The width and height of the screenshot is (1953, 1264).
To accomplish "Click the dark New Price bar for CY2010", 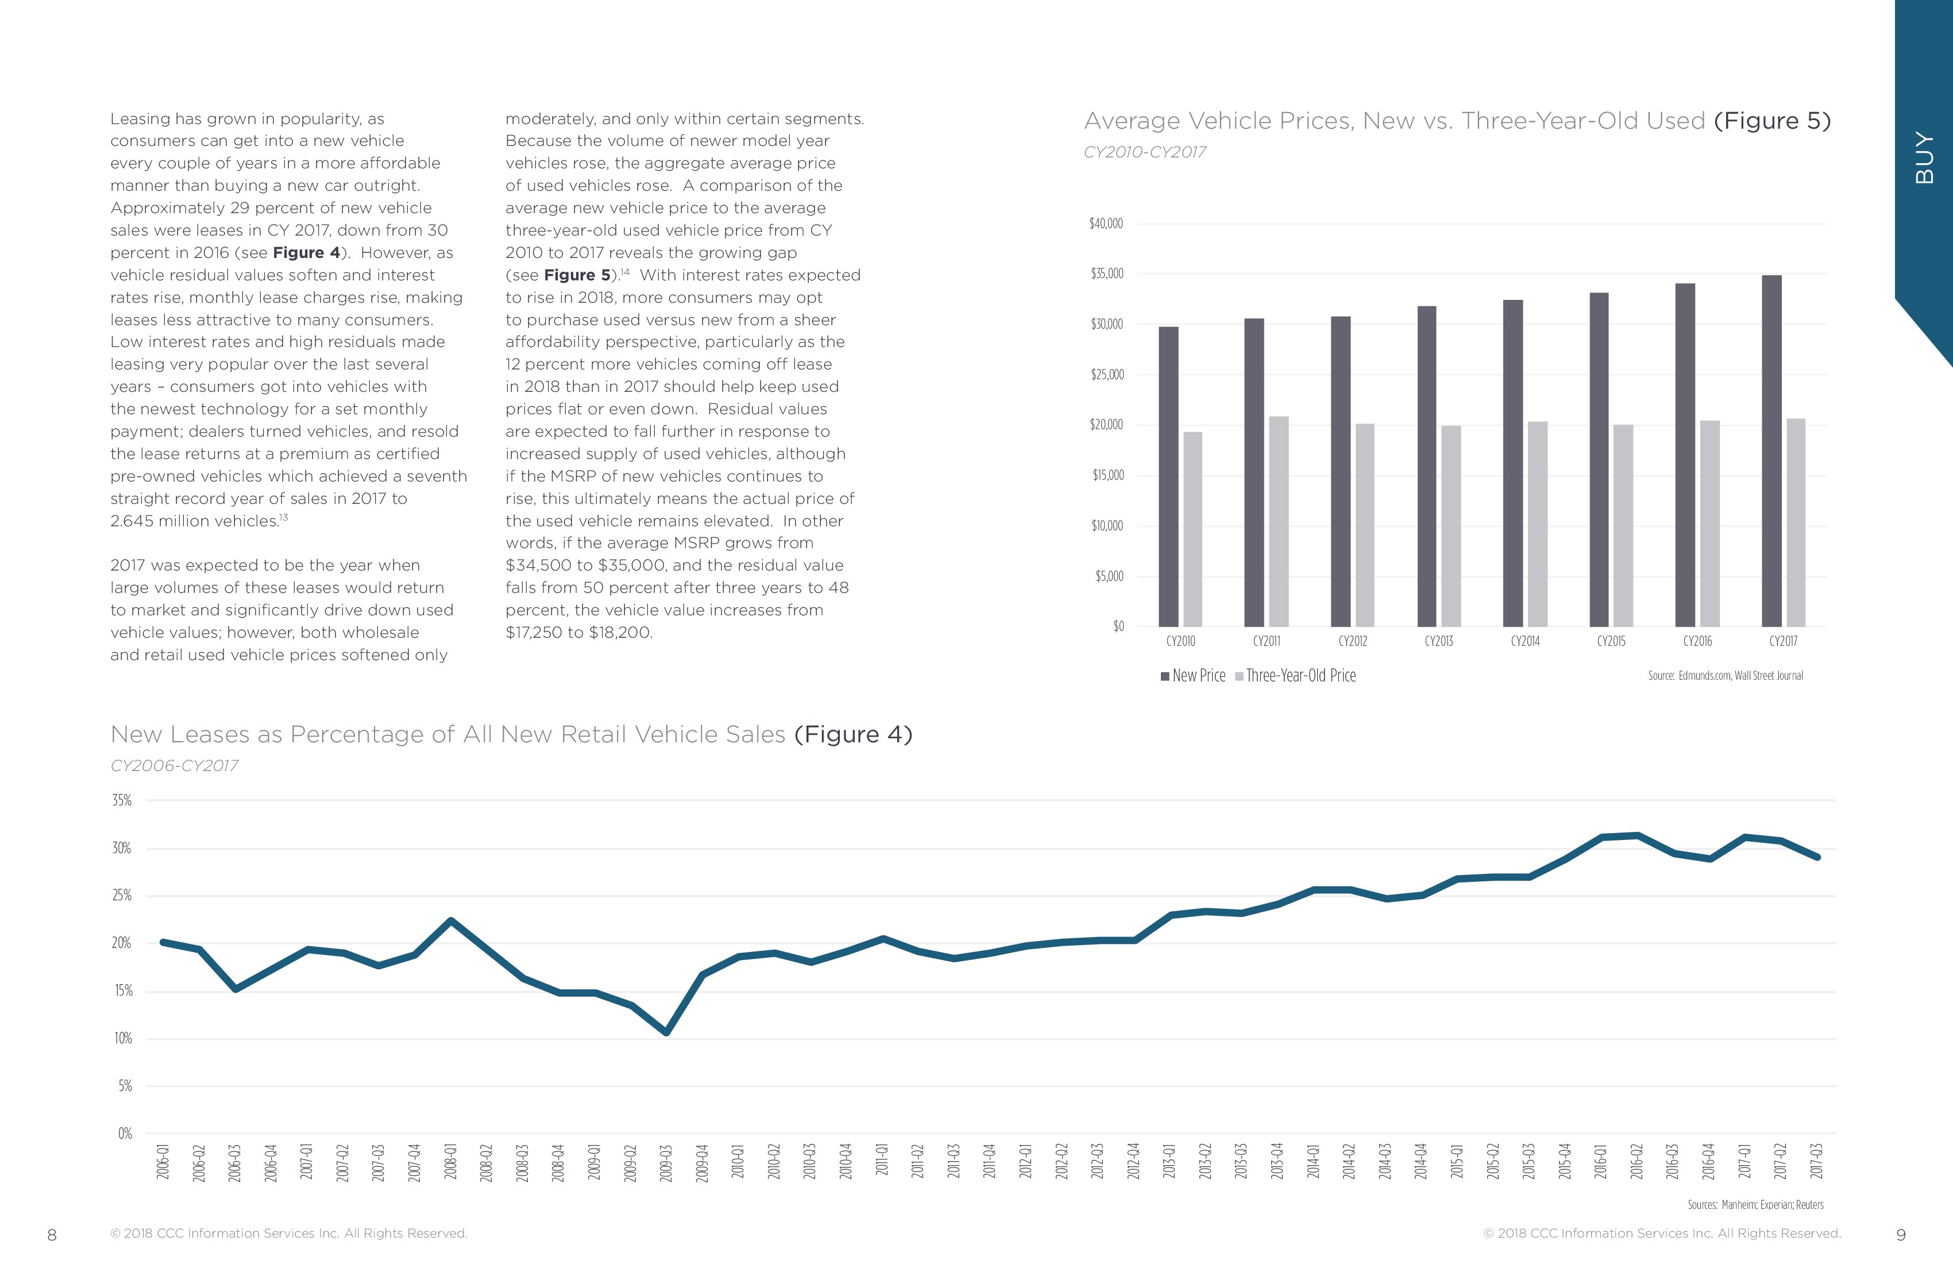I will pos(1168,476).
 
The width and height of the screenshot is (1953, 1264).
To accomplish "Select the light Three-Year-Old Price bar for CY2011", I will pos(1279,521).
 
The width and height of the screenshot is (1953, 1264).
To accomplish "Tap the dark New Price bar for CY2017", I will pos(1771,452).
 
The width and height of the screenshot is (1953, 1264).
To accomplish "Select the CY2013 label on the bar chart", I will pos(1438,641).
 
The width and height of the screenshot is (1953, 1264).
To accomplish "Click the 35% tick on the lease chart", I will pos(121,800).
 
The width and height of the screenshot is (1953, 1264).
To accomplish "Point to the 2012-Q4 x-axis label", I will pos(1133,1161).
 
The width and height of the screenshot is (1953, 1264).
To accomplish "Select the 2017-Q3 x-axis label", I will pos(1817,1161).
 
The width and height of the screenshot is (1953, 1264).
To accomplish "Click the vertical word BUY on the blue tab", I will pos(1924,157).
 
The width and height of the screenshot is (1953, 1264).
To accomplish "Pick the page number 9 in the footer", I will pos(1901,1235).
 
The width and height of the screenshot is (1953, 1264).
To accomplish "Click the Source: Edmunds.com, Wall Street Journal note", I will pos(1725,676).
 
